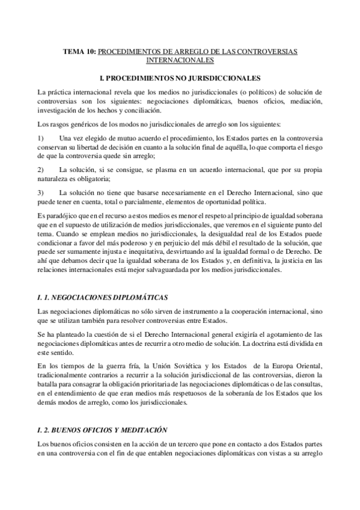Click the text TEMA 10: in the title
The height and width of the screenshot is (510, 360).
79,52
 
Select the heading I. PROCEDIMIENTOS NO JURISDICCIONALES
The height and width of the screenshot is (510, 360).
180,78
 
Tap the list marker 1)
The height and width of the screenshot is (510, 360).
40,138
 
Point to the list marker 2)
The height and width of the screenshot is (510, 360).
40,169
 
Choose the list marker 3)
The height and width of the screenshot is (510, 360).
40,192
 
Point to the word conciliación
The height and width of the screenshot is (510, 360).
189,114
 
